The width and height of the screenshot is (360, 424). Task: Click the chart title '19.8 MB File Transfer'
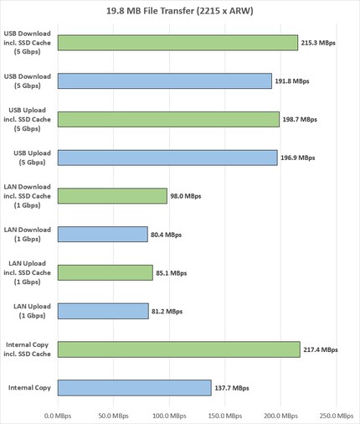coord(180,11)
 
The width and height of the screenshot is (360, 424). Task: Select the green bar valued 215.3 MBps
coord(177,43)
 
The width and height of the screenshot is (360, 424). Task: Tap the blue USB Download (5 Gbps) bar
coord(164,80)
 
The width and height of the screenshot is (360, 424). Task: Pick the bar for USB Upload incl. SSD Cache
coord(168,119)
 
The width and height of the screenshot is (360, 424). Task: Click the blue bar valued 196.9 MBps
coord(167,158)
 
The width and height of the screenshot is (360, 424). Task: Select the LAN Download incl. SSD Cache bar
coord(112,196)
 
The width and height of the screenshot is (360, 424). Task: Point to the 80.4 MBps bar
coord(102,235)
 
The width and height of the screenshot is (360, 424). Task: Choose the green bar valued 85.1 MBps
coord(105,272)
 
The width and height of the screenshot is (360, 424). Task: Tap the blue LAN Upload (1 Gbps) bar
coord(103,311)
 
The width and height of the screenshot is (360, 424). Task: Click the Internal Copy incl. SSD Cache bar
coord(178,349)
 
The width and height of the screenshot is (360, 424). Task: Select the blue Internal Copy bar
coord(134,388)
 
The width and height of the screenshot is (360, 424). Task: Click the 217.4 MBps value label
coord(320,349)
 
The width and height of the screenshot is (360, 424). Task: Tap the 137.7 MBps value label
coord(230,388)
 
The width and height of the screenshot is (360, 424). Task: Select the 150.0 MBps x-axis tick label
coord(223,415)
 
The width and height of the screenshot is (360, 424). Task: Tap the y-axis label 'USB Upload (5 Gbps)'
coord(28,158)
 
